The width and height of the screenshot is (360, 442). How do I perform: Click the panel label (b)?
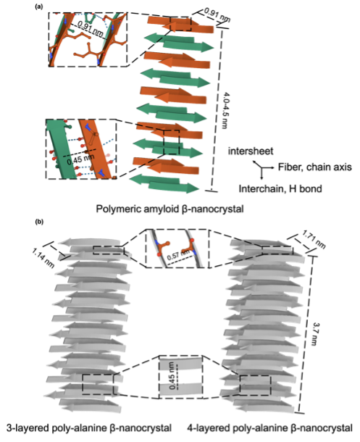[39, 222]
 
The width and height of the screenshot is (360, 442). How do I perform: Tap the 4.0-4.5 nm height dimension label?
[223, 110]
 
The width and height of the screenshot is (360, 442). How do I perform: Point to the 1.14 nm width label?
[43, 258]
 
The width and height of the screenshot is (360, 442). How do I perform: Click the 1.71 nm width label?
[314, 240]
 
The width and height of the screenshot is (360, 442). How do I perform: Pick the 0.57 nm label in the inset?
[178, 255]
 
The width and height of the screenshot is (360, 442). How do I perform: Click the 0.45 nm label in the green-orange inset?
[80, 159]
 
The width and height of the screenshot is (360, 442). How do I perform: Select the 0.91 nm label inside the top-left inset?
[90, 29]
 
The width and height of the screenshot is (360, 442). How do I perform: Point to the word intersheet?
[251, 151]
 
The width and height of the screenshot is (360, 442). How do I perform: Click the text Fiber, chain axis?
[314, 167]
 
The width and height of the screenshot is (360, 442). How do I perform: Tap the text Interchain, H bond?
[280, 188]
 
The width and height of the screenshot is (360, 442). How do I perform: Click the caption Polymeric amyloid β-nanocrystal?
[169, 209]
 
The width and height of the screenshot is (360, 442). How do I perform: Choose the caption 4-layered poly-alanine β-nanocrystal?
[269, 428]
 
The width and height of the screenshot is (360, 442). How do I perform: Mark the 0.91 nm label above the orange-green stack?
[217, 14]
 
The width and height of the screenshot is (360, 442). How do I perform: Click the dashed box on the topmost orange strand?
[180, 24]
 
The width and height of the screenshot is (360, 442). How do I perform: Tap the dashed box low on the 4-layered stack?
[255, 385]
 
